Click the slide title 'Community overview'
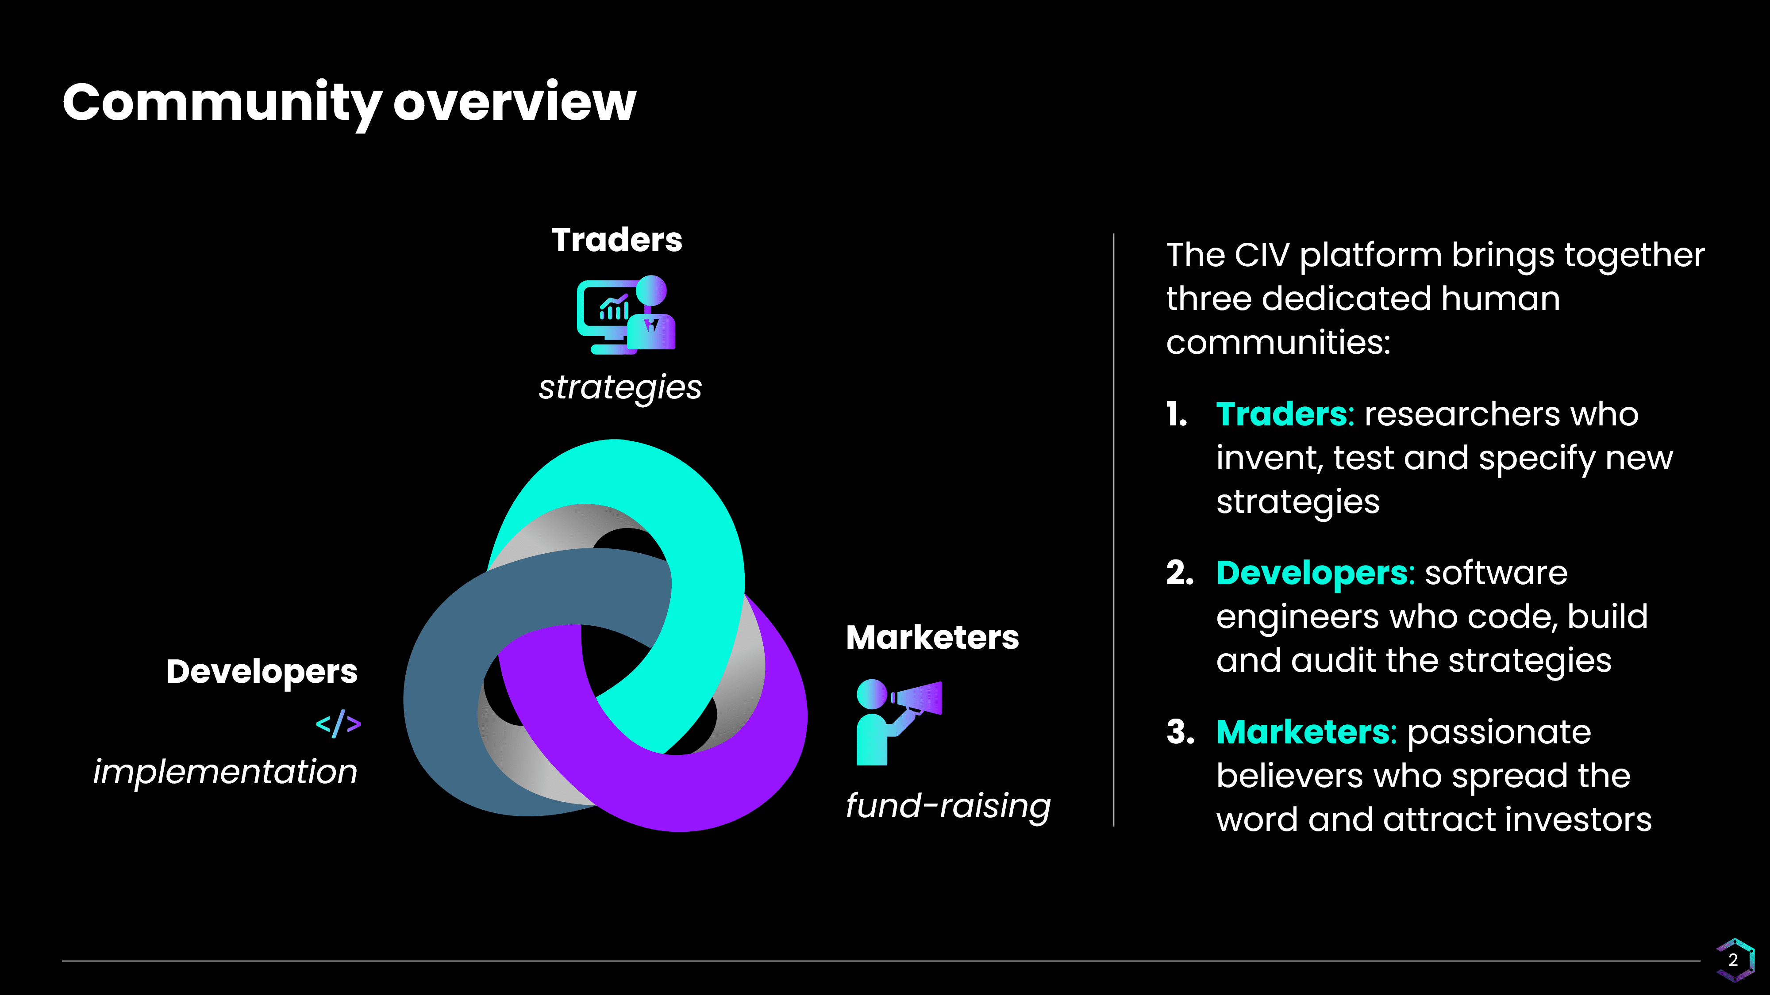point(349,103)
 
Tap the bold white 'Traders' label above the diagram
point(617,240)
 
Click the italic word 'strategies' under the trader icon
point(620,388)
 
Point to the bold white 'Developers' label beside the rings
point(262,672)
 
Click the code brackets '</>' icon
point(338,724)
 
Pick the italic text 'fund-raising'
point(948,806)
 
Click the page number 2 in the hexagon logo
point(1734,960)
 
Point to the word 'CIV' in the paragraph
point(1262,256)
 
